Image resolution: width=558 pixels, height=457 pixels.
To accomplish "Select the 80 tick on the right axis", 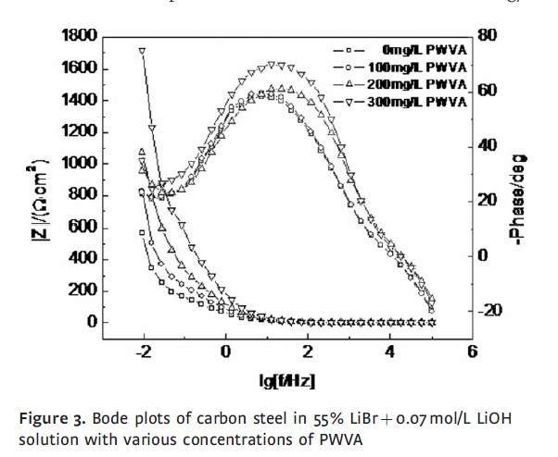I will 488,36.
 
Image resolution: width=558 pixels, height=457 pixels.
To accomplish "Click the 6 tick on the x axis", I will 472,352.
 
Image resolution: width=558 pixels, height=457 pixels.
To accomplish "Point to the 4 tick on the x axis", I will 390,352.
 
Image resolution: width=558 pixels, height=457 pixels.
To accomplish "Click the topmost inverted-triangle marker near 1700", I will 142,51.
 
